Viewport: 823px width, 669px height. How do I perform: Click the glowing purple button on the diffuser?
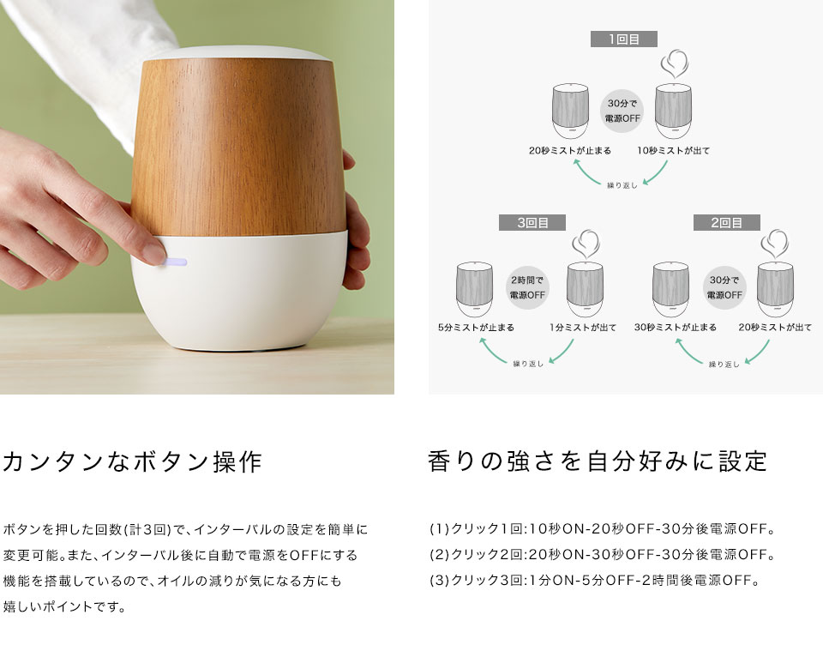tap(177, 262)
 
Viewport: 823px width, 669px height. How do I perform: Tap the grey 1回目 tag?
tap(623, 39)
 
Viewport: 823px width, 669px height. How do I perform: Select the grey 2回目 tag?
tap(726, 223)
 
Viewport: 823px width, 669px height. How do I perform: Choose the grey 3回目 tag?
tap(532, 223)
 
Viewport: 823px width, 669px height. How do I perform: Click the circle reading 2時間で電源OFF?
tap(527, 287)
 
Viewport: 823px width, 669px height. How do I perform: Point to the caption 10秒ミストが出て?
tap(674, 151)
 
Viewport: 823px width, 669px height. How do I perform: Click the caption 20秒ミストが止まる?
tap(569, 151)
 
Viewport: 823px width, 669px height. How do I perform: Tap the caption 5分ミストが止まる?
tap(476, 327)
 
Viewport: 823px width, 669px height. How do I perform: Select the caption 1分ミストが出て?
tap(583, 327)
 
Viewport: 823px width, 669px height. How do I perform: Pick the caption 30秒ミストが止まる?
tap(675, 327)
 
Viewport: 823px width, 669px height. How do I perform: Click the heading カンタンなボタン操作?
tap(132, 461)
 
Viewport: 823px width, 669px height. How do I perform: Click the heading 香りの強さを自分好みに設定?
tap(598, 461)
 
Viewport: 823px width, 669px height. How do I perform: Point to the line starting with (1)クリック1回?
tap(603, 529)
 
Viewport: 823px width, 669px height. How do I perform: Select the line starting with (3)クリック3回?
tap(595, 581)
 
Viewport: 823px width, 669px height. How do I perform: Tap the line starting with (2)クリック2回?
tap(603, 555)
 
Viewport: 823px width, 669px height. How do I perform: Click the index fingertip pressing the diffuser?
tap(155, 253)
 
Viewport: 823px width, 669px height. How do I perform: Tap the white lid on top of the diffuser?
tap(239, 52)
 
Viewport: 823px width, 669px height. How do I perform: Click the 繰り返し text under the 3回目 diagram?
tap(528, 364)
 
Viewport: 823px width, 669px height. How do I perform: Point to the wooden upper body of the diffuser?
tap(239, 147)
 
